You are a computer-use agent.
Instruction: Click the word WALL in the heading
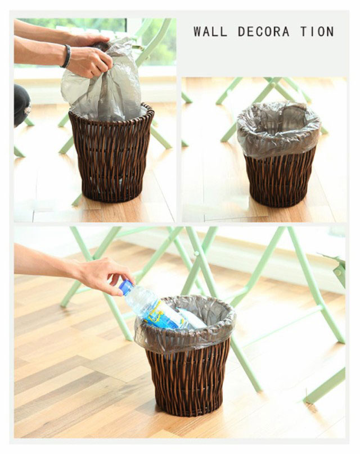[210, 31]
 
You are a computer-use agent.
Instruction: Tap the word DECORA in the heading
[263, 31]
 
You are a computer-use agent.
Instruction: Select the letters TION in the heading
[317, 31]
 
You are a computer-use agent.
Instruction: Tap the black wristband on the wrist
[66, 56]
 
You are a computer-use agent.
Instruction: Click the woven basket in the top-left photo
[111, 153]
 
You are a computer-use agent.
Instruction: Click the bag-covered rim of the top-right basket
[279, 130]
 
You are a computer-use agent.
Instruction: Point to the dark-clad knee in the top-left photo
[22, 105]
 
